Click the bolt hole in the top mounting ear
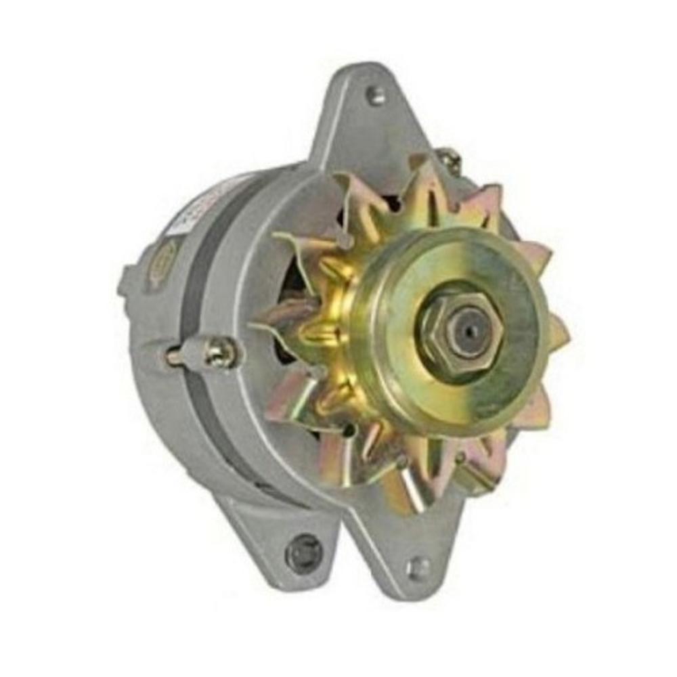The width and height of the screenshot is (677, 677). tap(376, 96)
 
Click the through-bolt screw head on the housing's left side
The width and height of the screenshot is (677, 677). tap(220, 352)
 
